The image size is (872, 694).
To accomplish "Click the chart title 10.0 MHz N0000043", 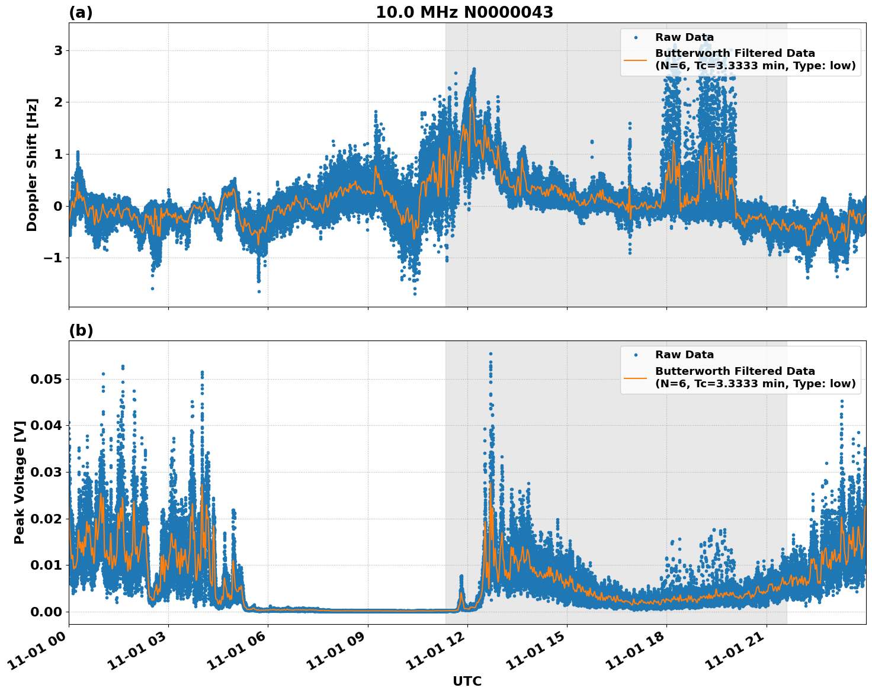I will [464, 12].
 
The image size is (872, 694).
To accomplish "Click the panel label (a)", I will [81, 12].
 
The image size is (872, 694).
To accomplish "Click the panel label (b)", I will [81, 330].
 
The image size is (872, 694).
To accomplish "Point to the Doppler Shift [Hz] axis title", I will [32, 165].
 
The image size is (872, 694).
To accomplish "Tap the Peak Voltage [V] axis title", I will [20, 482].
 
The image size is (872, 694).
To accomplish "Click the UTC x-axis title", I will [467, 681].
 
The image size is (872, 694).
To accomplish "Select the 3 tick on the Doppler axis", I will [58, 50].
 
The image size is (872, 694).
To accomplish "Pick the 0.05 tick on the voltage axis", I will [46, 379].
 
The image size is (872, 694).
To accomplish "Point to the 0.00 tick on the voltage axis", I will [46, 612].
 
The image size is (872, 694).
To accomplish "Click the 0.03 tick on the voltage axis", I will [46, 472].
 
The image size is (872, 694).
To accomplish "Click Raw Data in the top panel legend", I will [684, 37].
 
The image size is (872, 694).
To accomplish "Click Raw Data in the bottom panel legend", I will [684, 355].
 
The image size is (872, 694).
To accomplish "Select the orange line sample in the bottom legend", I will [635, 377].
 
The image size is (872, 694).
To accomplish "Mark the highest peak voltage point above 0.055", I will [490, 354].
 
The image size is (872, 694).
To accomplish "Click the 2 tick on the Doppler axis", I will [58, 102].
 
